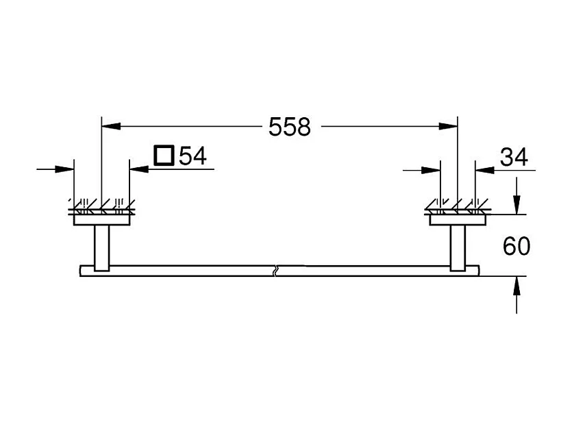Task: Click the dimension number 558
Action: click(x=289, y=126)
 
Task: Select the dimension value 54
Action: click(x=192, y=157)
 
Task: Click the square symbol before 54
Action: click(x=164, y=156)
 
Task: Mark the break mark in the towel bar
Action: click(x=275, y=270)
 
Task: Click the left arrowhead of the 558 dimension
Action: click(x=110, y=126)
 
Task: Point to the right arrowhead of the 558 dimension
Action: click(x=449, y=126)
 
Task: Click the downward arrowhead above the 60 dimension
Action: click(x=517, y=204)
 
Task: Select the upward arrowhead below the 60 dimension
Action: click(x=517, y=285)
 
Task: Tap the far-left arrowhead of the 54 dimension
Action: click(x=66, y=168)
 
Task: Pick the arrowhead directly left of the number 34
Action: click(x=480, y=169)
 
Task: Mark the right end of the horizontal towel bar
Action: click(x=480, y=270)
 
